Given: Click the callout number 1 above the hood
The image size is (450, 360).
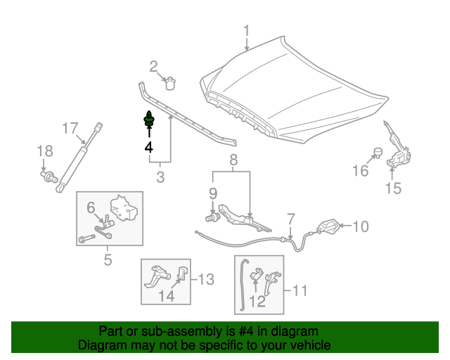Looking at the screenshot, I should (247, 31).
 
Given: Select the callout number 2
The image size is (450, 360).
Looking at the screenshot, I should (153, 67).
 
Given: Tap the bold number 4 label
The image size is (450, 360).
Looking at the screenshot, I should (148, 147).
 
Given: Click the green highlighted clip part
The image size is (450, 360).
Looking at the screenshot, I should (149, 121).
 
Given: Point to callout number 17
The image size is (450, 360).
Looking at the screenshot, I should (70, 129).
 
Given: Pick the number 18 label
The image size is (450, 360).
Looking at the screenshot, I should (44, 151).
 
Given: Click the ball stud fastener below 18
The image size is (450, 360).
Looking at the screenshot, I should (49, 176).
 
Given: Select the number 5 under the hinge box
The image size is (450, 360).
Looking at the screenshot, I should (108, 260).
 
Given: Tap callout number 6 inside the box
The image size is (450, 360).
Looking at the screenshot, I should (91, 207).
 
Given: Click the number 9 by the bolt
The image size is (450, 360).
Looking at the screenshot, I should (212, 193).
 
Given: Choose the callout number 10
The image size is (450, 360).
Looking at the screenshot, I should (360, 226).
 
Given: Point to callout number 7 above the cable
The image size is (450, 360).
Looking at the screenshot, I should (290, 219).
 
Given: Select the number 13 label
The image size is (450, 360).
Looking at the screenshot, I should (203, 280).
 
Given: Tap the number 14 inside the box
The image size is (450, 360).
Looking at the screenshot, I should (165, 296).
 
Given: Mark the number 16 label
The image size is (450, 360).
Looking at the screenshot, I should (360, 171).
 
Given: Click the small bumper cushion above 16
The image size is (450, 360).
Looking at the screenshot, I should (377, 152).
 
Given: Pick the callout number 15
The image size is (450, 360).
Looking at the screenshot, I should (392, 188).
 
